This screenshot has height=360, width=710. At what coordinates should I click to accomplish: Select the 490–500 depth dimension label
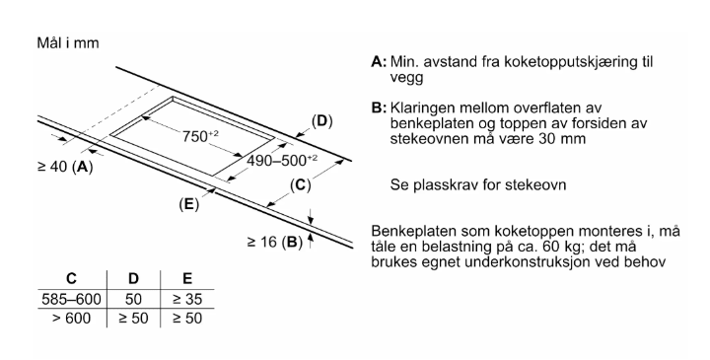[x=280, y=160]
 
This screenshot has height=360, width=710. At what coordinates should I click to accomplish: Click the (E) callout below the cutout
[x=188, y=205]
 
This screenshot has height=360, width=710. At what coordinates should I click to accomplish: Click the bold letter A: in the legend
[x=378, y=62]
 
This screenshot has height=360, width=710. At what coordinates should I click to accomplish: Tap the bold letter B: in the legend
[x=378, y=107]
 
